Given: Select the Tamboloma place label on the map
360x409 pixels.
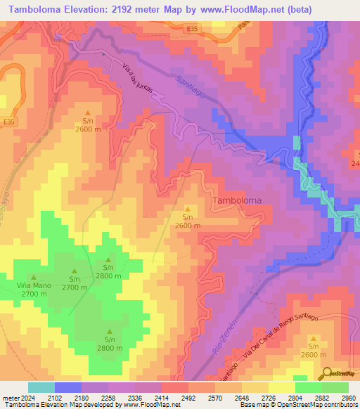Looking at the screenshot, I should tap(236, 200).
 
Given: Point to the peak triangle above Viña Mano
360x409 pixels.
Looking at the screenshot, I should tap(33, 277).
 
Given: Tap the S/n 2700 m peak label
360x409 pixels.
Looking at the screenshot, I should tap(74, 283).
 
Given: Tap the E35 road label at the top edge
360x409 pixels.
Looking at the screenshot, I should tap(192, 29).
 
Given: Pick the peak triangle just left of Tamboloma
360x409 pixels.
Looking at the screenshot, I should tap(187, 209).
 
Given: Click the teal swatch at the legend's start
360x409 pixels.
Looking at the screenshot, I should tap(41, 387).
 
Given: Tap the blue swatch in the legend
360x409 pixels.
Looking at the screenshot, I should tap(68, 387).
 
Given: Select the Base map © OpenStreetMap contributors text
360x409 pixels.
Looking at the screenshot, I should tap(297, 405).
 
